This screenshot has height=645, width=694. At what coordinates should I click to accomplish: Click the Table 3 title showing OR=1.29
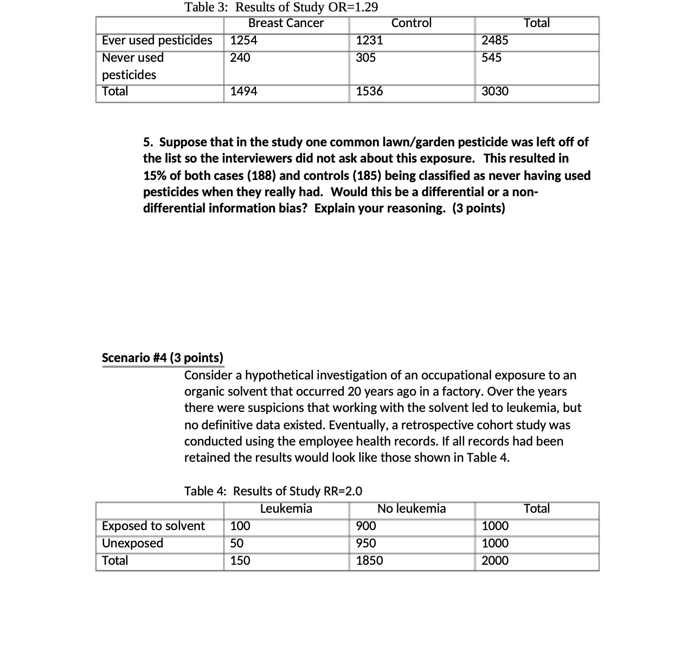(281, 7)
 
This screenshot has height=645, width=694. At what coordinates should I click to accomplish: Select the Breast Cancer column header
(286, 23)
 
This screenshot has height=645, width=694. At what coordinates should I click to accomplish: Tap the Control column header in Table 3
(411, 23)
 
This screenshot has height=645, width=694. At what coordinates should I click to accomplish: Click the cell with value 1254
(243, 41)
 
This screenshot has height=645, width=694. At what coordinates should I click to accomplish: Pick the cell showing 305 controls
(366, 57)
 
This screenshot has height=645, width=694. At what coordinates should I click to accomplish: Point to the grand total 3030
(495, 92)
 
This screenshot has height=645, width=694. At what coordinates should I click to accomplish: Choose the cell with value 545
(491, 57)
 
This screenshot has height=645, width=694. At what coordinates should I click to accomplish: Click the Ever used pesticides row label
(157, 41)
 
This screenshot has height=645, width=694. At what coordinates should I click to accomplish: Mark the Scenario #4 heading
(163, 358)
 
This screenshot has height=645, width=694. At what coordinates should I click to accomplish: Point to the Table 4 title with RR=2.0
(273, 491)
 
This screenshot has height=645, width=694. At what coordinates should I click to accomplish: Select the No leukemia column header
(411, 509)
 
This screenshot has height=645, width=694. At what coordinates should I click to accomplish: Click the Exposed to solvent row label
(153, 526)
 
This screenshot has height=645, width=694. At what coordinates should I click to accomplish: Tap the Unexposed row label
(132, 543)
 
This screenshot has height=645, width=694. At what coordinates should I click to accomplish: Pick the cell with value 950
(366, 543)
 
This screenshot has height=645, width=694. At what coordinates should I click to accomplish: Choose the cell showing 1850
(369, 560)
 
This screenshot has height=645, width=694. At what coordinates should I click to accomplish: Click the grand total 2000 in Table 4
(495, 560)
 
